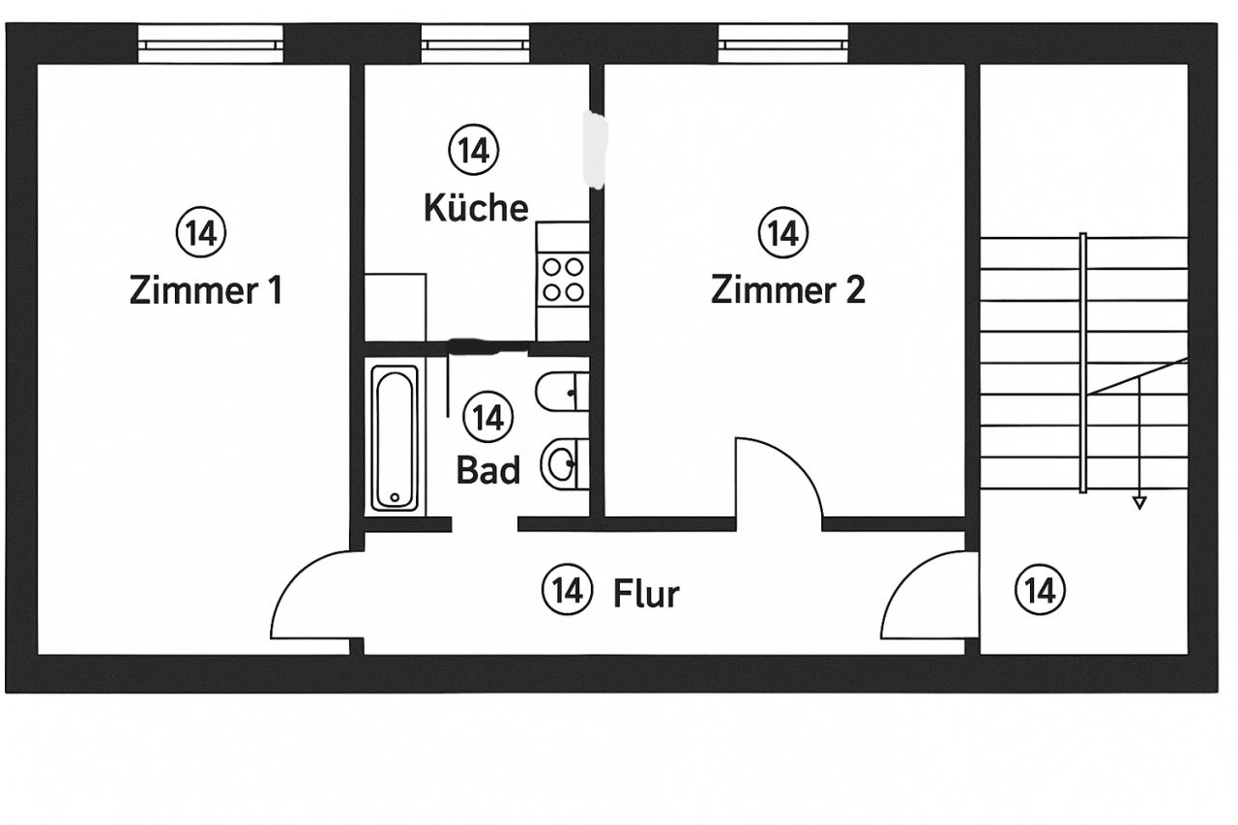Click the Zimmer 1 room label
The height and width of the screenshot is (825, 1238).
coord(206,290)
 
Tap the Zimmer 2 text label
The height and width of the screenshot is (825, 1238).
coord(788,290)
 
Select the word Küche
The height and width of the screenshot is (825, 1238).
coord(477,207)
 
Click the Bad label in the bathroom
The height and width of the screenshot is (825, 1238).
coord(488,471)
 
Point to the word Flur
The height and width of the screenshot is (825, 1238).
coord(646,593)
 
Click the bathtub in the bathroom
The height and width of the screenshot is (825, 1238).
coord(395,437)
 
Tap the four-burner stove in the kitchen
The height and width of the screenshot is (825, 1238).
coord(563,279)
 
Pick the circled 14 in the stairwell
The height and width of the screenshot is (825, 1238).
coord(1040,589)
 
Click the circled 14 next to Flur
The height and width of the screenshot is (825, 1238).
coord(566,589)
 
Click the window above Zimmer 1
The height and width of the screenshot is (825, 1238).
coord(210,44)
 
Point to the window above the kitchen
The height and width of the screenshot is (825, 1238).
coord(475,44)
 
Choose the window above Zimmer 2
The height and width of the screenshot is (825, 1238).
coord(783,44)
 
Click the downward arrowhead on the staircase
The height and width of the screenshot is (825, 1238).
coord(1139,502)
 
